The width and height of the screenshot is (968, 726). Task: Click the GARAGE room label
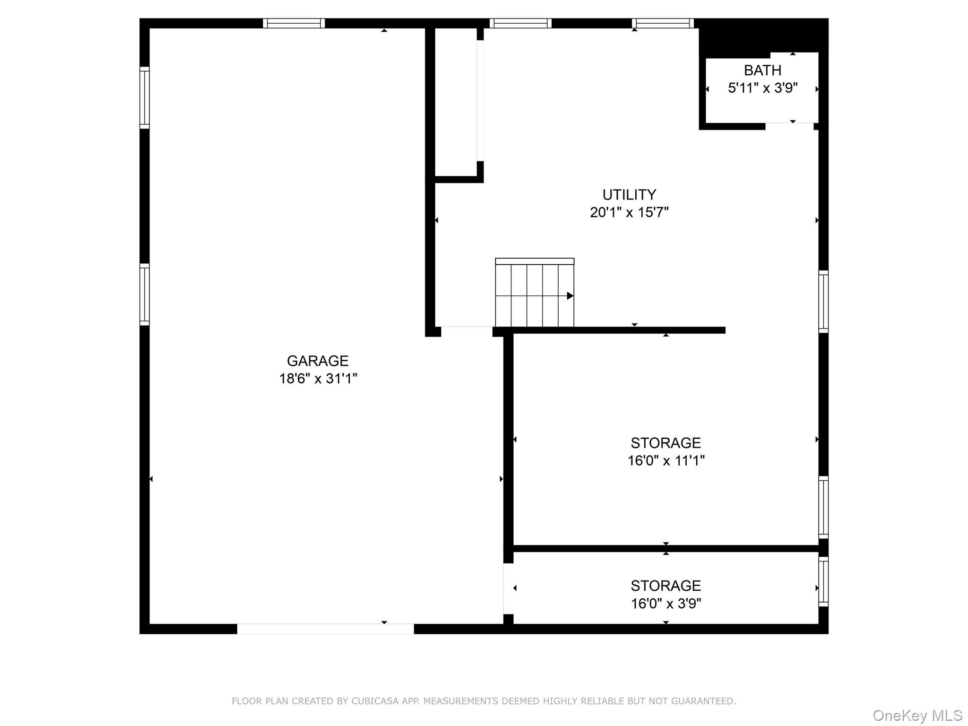tap(318, 361)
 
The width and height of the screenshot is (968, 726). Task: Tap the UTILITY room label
tap(629, 195)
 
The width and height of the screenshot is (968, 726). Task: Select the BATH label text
tap(762, 70)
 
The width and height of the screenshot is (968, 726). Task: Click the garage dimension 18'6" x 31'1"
tap(318, 379)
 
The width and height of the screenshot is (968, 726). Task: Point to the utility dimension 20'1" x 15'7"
tap(629, 212)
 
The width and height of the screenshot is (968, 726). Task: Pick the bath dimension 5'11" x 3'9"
tap(762, 88)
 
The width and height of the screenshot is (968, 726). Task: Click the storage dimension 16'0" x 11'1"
tap(665, 460)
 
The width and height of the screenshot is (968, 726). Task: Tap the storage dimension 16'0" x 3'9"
tap(665, 604)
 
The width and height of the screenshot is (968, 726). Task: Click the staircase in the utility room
tap(535, 293)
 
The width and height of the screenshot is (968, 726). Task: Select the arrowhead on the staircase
tap(570, 296)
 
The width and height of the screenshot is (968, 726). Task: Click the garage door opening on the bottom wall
tap(325, 629)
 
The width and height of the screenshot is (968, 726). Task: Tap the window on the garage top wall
tap(294, 23)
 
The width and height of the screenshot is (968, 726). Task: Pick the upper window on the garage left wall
tap(145, 98)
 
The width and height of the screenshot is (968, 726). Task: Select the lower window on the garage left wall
tap(145, 294)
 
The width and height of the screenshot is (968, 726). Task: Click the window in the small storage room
tap(823, 582)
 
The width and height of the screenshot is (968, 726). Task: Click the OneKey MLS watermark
tap(917, 716)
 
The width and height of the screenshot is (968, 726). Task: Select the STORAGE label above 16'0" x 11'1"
tap(665, 443)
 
